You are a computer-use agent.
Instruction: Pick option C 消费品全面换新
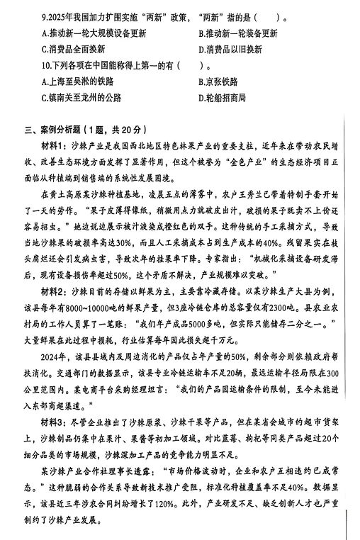[74, 50]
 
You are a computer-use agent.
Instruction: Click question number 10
[47, 66]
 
